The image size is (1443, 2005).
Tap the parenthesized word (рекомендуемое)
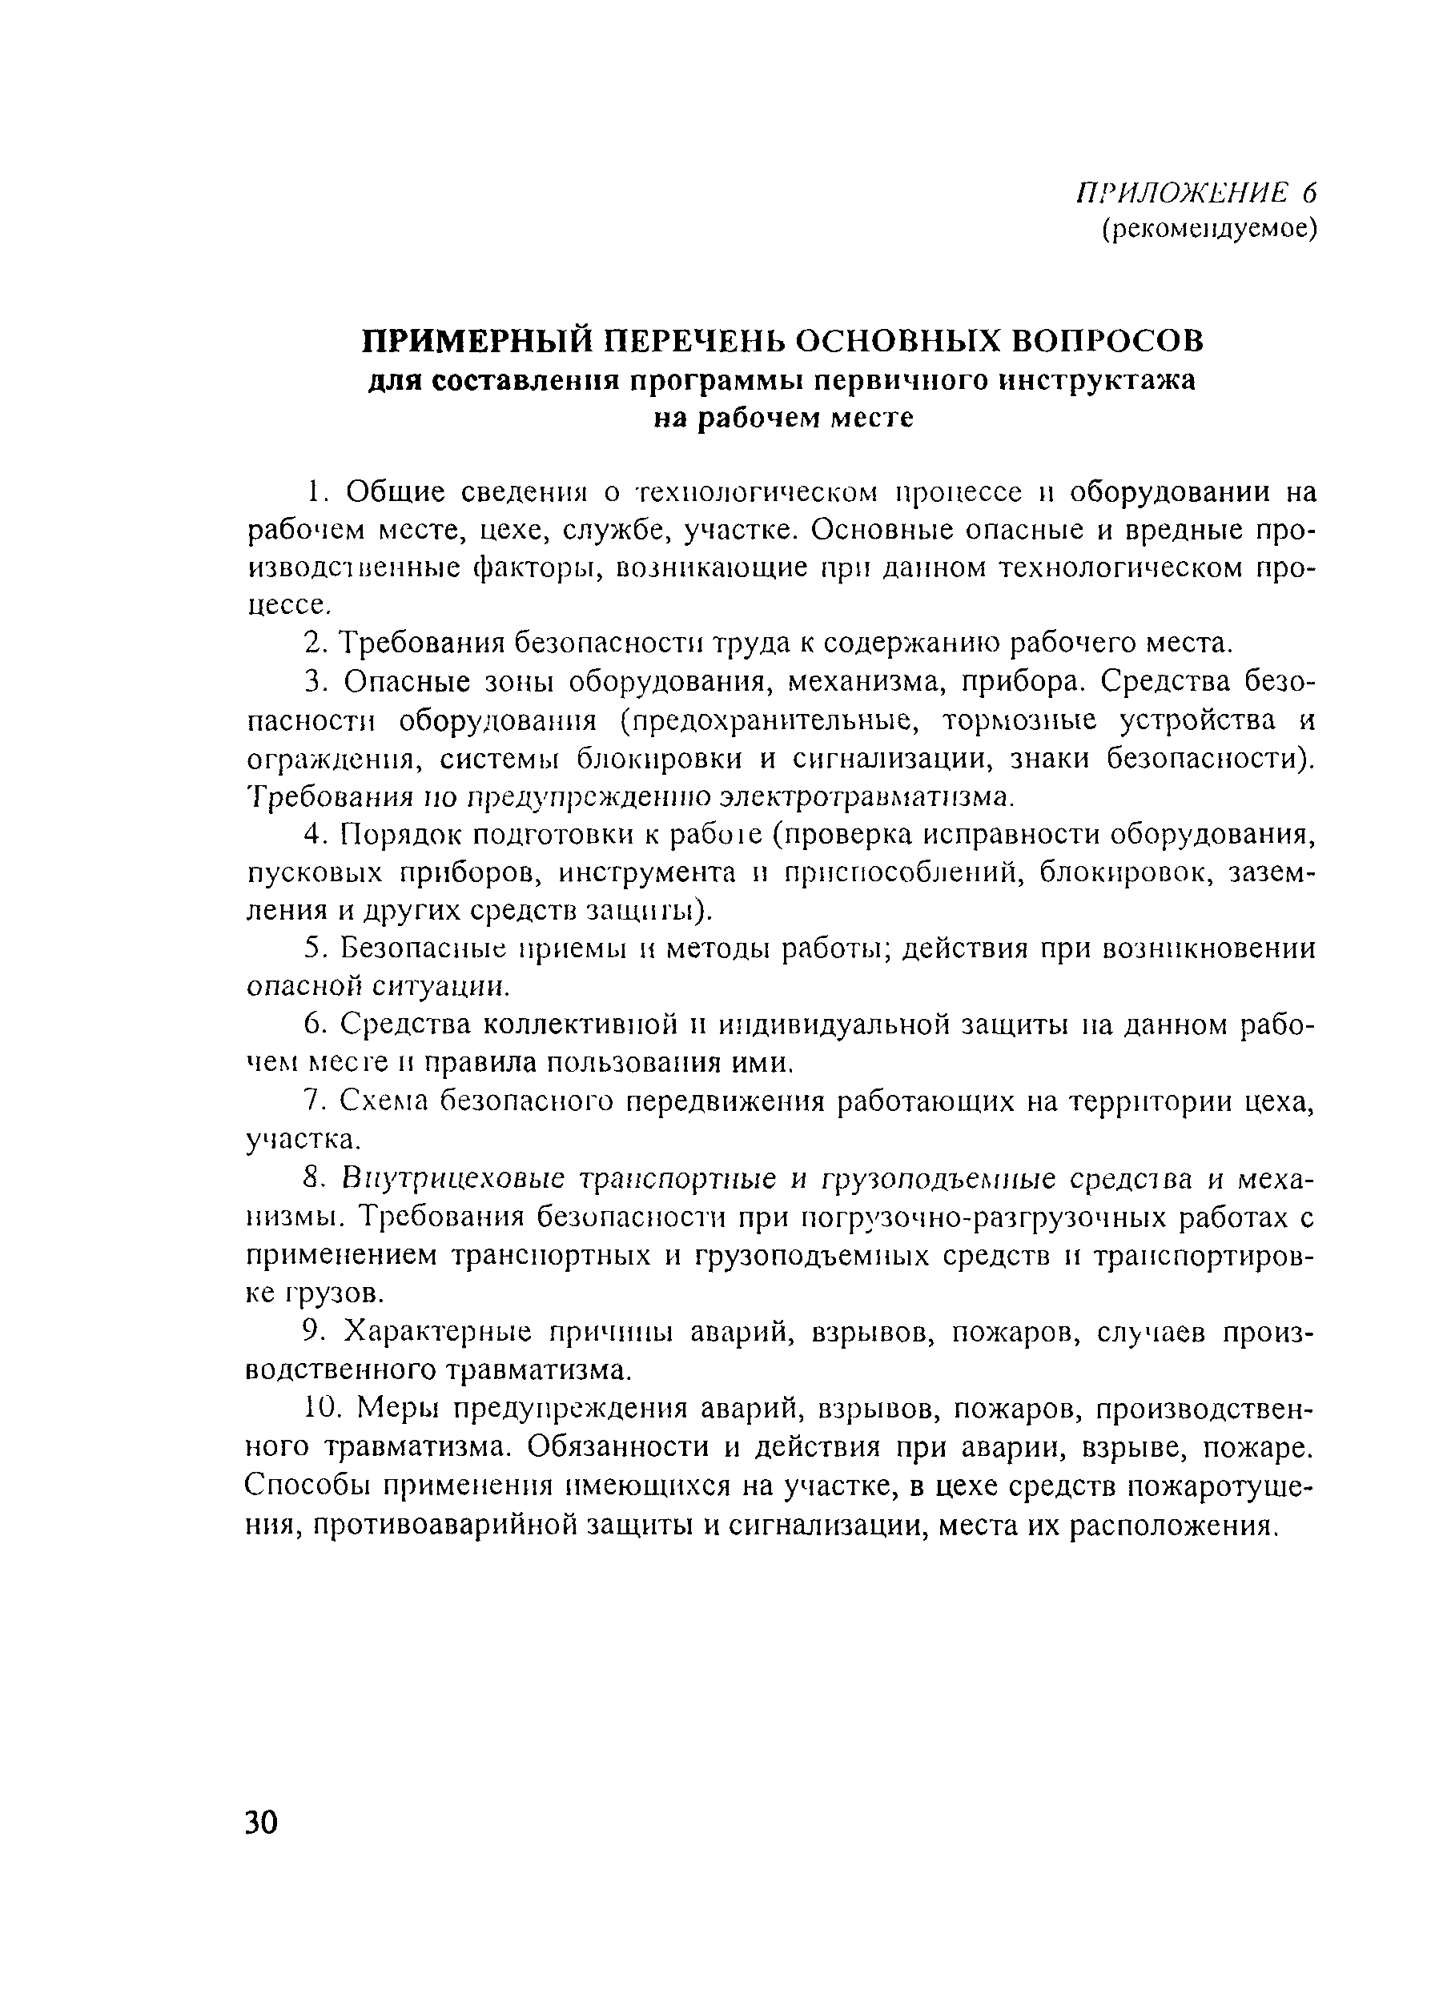tap(1208, 230)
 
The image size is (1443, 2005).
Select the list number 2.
tap(316, 643)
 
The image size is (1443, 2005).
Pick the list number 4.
tap(316, 835)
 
